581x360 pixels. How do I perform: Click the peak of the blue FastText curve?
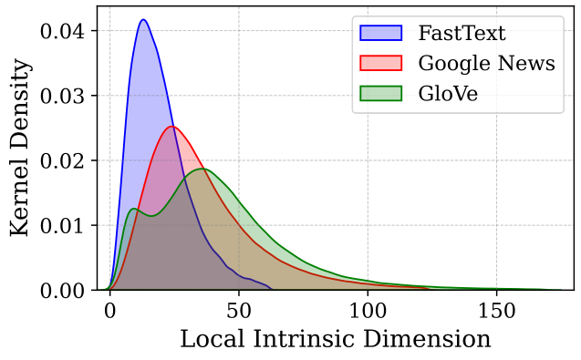(143, 19)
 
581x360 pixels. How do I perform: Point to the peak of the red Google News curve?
(172, 126)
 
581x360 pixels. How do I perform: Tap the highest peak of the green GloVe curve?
(202, 169)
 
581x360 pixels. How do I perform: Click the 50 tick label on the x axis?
(239, 310)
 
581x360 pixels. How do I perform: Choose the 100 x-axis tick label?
(368, 310)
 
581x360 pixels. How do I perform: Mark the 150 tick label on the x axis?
(497, 310)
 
